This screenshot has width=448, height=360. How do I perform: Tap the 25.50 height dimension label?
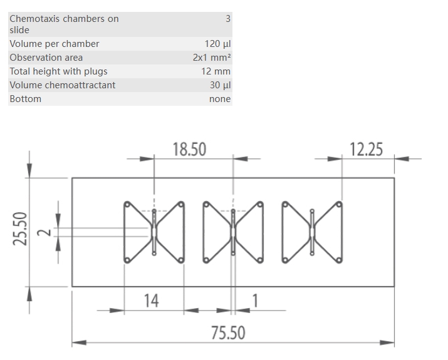(x=21, y=229)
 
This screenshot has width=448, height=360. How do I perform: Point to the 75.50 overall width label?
(x=227, y=332)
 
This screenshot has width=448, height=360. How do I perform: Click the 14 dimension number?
(x=152, y=301)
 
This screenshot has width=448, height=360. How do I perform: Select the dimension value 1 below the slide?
(x=254, y=301)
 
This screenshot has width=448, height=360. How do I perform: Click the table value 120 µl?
(x=217, y=44)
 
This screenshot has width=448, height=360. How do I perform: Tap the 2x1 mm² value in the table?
(x=212, y=58)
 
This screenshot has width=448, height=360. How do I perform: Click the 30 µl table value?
(x=220, y=85)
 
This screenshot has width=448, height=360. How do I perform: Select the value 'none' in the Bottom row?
(x=220, y=99)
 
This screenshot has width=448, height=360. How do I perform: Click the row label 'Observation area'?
(x=46, y=58)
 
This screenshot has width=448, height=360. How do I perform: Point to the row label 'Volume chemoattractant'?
(x=62, y=85)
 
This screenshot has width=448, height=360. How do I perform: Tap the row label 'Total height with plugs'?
(x=58, y=71)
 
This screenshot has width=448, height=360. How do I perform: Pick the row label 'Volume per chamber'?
(x=54, y=44)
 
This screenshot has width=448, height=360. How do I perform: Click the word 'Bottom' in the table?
(x=25, y=99)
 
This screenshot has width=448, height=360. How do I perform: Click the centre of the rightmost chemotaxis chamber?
(x=312, y=232)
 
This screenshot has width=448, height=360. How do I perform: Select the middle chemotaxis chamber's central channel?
(x=233, y=232)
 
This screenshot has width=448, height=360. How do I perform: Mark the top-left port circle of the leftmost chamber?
(x=127, y=203)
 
